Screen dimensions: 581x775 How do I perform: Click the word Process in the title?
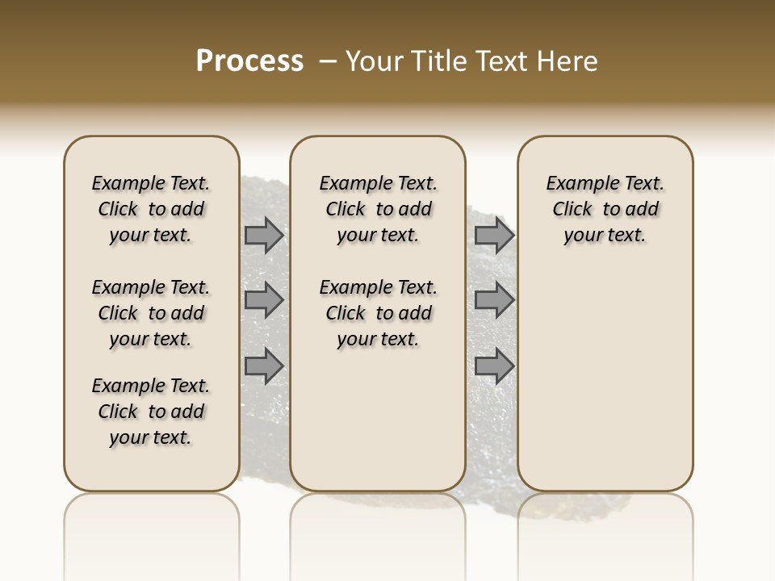point(249,61)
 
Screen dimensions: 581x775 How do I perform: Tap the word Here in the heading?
point(564,61)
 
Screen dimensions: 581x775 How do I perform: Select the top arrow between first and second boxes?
point(263,236)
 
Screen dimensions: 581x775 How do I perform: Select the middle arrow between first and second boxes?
point(263,300)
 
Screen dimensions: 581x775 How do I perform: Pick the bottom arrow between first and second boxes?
point(263,366)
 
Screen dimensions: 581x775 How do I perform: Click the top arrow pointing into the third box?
point(494,236)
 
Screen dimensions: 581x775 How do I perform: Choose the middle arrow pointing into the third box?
point(494,300)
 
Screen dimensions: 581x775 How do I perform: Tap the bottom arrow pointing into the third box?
point(494,366)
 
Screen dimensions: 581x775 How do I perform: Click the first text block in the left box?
point(151,209)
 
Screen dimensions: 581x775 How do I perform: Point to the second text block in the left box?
point(151,313)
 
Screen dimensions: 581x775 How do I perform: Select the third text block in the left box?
point(151,412)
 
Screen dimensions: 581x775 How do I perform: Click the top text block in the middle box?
point(378,209)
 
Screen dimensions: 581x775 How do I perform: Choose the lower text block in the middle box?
point(378,313)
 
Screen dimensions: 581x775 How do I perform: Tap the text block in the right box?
point(605,209)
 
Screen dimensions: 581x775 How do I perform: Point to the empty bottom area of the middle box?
point(378,420)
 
